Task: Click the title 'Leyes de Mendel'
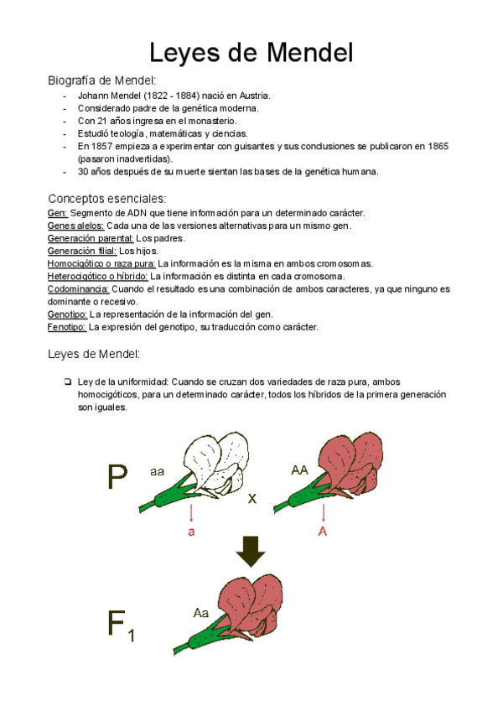[x=251, y=53]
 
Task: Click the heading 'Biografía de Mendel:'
[x=101, y=80]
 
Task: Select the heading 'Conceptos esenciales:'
[x=106, y=199]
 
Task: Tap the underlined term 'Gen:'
[x=57, y=213]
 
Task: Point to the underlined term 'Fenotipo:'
[x=67, y=326]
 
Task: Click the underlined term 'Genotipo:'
[x=68, y=314]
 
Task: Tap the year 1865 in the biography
[x=437, y=146]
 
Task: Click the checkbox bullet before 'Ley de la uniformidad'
[x=66, y=381]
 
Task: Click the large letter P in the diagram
[x=117, y=478]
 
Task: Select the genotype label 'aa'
[x=157, y=472]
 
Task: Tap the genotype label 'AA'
[x=299, y=470]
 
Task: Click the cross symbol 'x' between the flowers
[x=251, y=499]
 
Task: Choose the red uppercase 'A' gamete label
[x=323, y=532]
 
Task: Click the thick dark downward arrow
[x=251, y=551]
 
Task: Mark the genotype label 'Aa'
[x=200, y=613]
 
